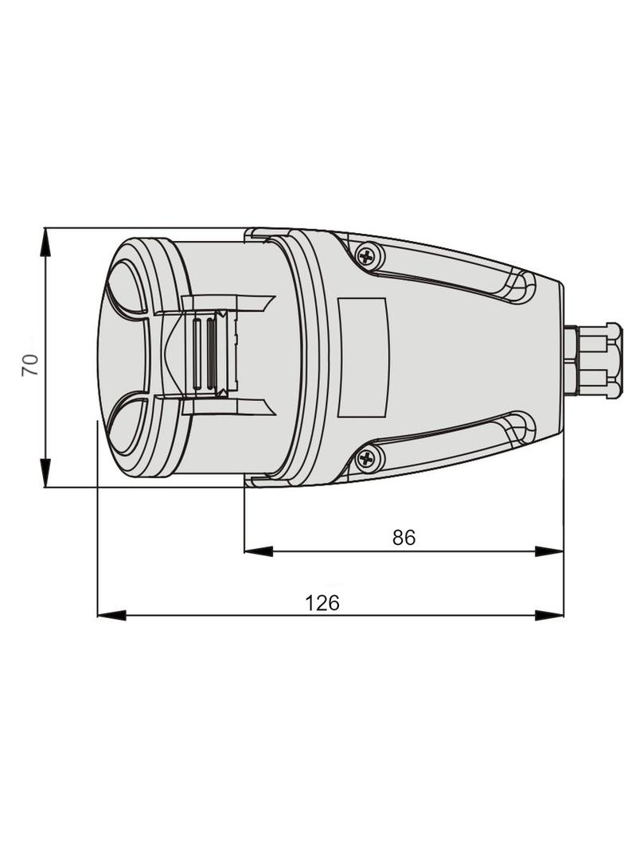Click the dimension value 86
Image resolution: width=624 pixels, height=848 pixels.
404,537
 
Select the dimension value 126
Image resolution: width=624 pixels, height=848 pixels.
322,602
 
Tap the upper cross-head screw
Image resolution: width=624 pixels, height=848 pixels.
368,255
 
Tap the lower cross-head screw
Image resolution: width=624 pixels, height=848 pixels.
366,459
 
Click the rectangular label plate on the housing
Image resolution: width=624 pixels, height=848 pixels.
362,357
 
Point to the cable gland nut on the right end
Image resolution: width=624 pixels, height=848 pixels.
594,360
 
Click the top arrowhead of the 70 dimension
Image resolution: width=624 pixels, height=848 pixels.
46,242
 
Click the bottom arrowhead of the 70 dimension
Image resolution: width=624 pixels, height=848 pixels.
46,473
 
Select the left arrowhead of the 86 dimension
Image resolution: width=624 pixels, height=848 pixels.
258,551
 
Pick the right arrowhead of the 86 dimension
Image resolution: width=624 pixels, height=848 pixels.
549,551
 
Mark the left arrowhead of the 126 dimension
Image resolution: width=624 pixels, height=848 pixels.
111,615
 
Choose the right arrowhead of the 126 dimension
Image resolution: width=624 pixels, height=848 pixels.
549,615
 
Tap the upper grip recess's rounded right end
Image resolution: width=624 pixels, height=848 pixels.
521,286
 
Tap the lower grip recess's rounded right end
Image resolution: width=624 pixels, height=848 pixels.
521,428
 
